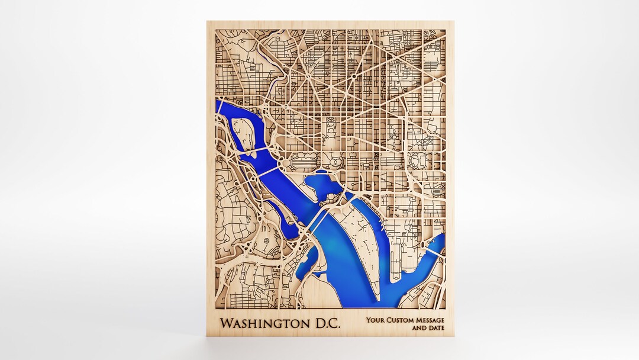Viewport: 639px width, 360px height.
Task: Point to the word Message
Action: [430, 320]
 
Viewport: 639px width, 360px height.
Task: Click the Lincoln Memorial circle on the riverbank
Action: [285, 162]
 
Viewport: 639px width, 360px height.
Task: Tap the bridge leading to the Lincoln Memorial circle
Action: [267, 171]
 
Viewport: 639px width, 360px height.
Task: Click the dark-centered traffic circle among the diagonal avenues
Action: [353, 76]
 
